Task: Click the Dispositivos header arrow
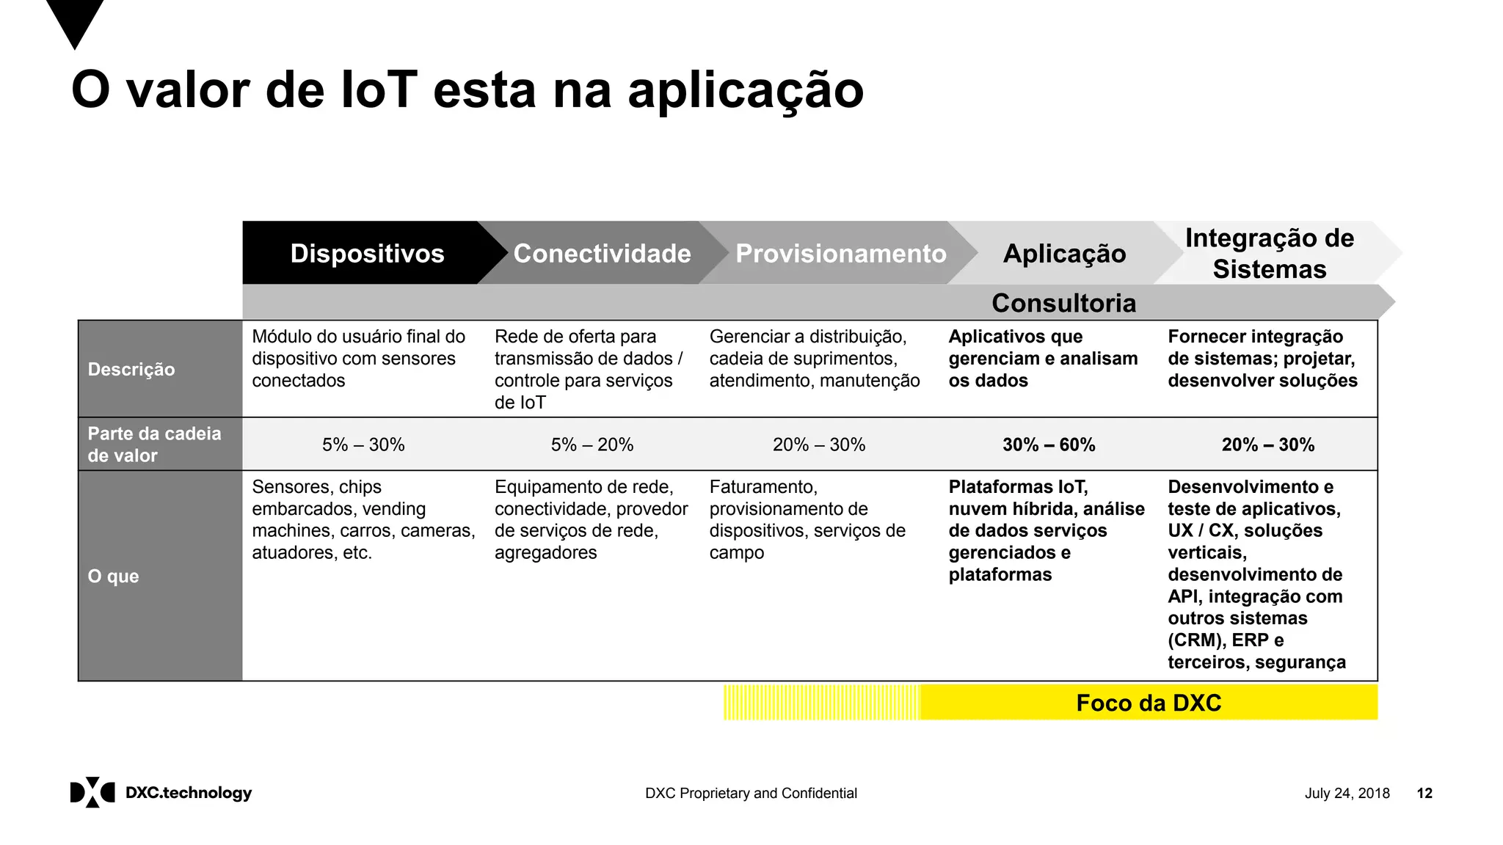tap(367, 253)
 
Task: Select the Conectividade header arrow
tap(602, 253)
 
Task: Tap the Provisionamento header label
tap(841, 253)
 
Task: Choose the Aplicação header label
tap(1064, 254)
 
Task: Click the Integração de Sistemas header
tap(1270, 253)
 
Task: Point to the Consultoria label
tap(1063, 303)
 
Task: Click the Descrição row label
tap(131, 369)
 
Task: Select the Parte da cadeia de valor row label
tap(154, 445)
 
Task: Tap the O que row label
tap(114, 576)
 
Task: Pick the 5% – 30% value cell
tap(363, 445)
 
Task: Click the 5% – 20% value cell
tap(592, 445)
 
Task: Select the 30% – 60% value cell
tap(1049, 445)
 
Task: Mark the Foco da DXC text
tap(1149, 703)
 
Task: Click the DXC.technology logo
tap(161, 792)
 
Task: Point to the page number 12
tap(1424, 793)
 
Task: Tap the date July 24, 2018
tap(1347, 793)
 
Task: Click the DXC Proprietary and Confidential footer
tap(751, 793)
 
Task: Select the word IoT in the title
tap(379, 90)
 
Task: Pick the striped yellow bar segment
tap(821, 703)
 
